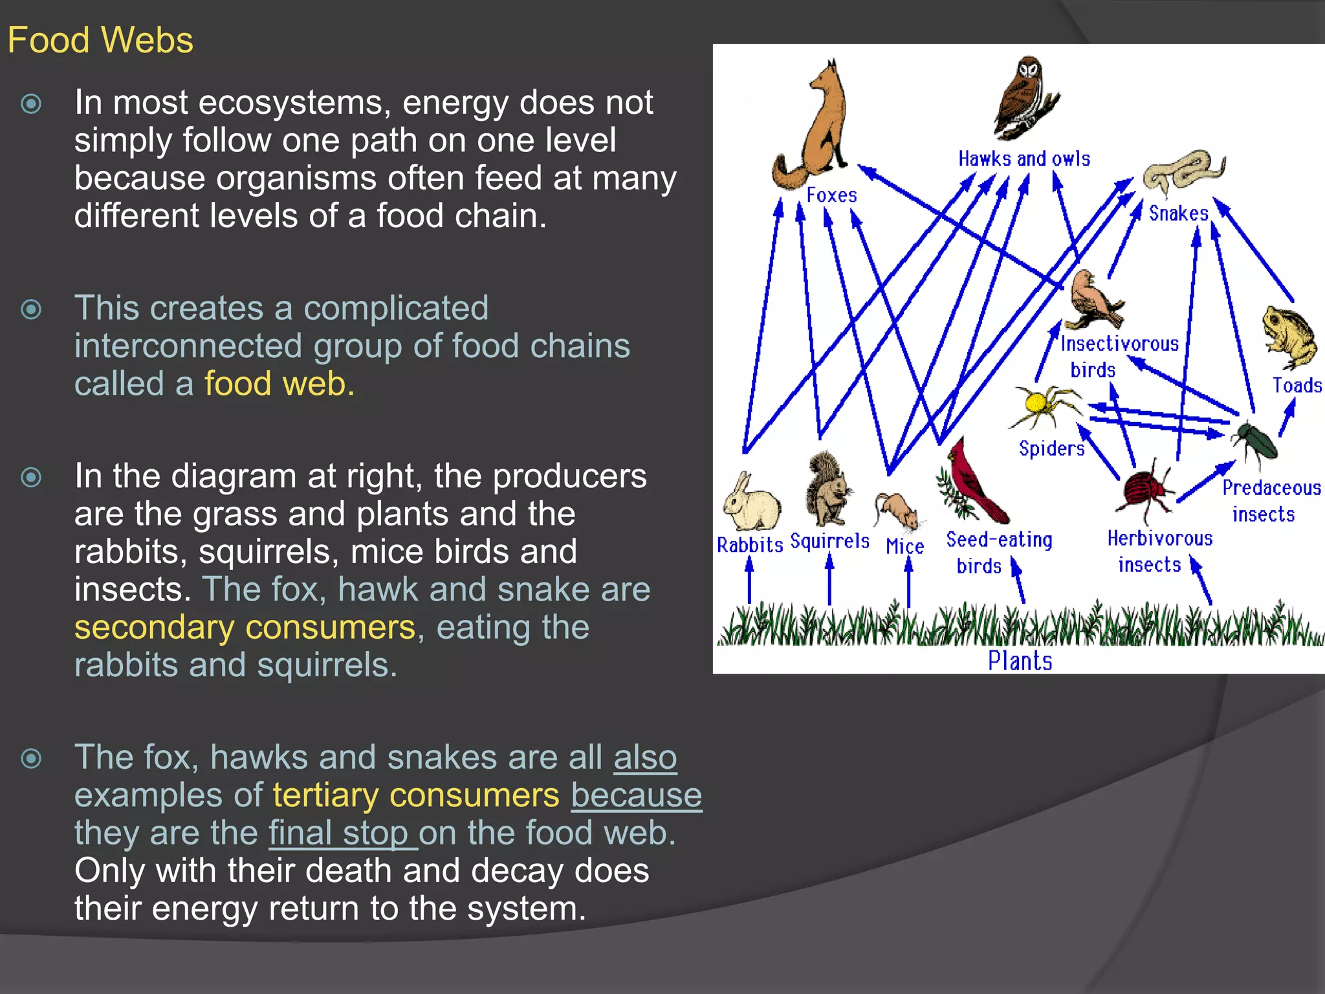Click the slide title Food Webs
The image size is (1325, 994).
pos(100,40)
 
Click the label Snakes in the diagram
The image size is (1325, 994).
pos(1178,213)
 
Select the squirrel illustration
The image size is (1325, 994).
pos(826,489)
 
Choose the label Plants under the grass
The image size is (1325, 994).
pos(1020,661)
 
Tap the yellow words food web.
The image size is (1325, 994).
pos(279,384)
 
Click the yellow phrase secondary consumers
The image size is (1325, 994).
pos(245,627)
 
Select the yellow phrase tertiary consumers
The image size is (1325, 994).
pos(415,795)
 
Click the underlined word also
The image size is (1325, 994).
pos(645,757)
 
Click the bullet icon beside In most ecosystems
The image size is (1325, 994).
pos(31,104)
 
